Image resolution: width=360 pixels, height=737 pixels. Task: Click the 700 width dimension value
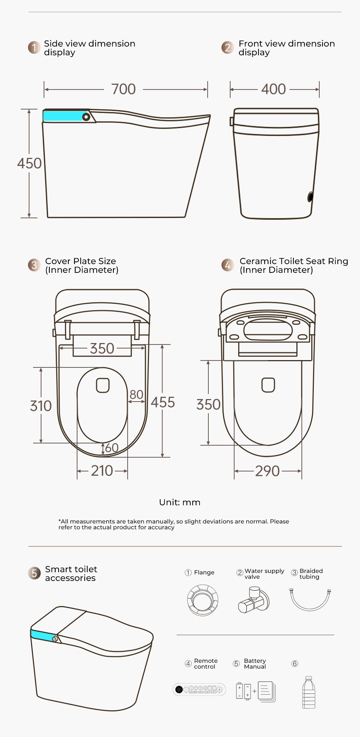coord(123,89)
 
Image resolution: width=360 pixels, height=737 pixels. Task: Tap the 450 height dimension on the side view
coord(29,163)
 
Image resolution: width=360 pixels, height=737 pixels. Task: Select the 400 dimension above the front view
coord(273,89)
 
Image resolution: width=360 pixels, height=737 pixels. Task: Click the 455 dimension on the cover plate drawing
coord(163,402)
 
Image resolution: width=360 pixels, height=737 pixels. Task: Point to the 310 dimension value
coord(41,406)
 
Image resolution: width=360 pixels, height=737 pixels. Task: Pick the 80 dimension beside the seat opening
coord(136,394)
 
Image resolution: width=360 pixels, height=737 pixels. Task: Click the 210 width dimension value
coord(102,471)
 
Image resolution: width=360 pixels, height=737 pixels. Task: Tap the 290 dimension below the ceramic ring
coord(267,471)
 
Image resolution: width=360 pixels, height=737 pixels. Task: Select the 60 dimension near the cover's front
coord(112,448)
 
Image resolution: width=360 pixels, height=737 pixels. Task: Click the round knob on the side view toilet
coord(86,117)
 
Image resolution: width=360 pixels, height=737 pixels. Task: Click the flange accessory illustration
coord(203,600)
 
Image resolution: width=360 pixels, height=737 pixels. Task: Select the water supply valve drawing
coord(254,600)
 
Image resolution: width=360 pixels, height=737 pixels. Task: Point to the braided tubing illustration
coord(310,599)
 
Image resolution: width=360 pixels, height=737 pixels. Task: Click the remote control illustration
coord(199,689)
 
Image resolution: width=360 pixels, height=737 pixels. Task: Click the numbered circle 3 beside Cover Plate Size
coord(34,265)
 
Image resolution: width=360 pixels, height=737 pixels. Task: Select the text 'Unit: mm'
coord(180,502)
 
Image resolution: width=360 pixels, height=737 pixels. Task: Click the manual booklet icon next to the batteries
coord(267,692)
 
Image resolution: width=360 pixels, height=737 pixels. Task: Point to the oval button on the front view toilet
coord(310,197)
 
